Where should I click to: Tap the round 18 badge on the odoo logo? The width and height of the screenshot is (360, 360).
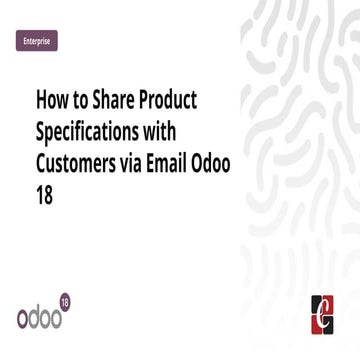[66, 300]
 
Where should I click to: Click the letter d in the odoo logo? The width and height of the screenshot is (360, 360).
[39, 314]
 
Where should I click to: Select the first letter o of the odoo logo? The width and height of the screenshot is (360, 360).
[24, 316]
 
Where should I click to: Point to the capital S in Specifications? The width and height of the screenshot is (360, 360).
[40, 132]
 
